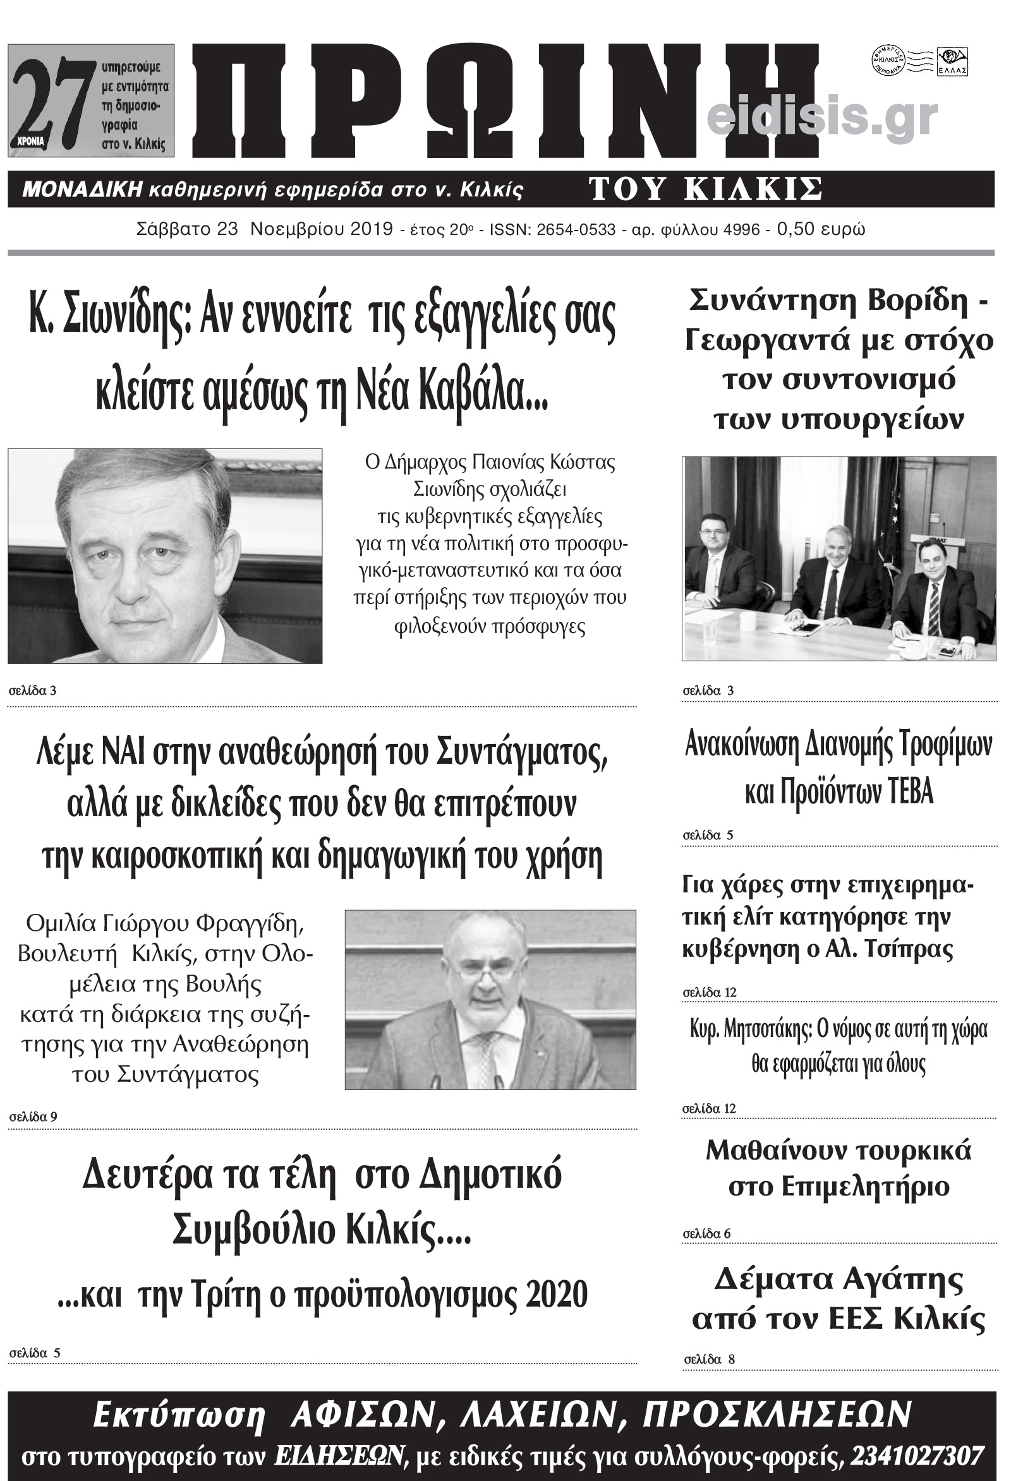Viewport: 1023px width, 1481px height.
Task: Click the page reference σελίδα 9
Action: [x=33, y=1117]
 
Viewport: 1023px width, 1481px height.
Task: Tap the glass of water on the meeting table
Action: [x=710, y=630]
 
